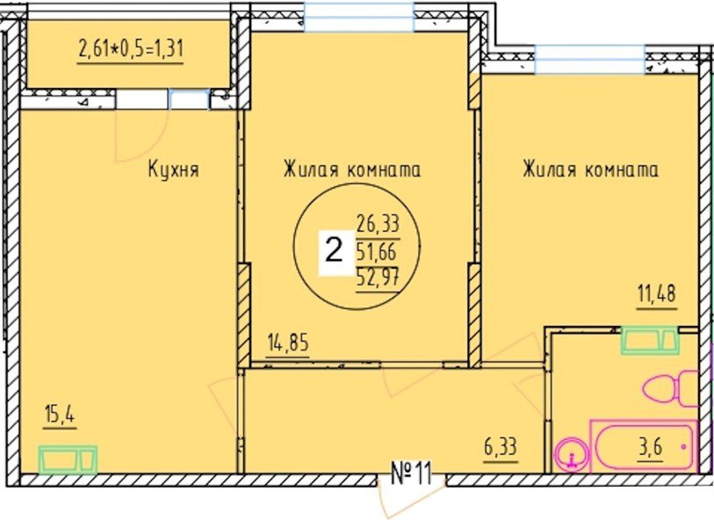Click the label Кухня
[x=174, y=170]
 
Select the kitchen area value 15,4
[x=58, y=413]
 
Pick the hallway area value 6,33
[x=498, y=446]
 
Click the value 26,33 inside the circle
[x=378, y=224]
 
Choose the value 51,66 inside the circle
[x=378, y=253]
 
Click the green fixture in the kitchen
[x=68, y=458]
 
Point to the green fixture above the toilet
[x=649, y=339]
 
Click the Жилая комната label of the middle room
[x=351, y=170]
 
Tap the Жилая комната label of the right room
[x=590, y=170]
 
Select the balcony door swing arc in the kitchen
[x=141, y=136]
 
